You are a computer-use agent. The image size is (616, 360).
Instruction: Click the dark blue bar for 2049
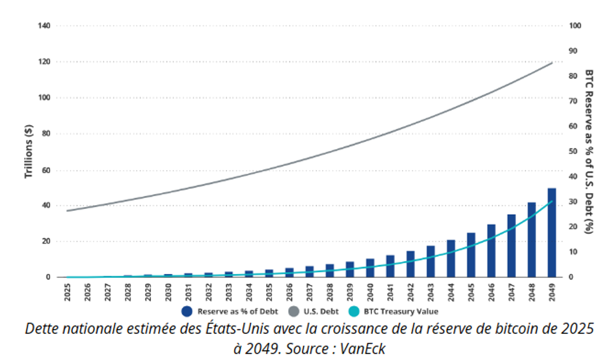pos(552,233)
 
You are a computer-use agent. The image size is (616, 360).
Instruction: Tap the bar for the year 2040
pos(370,268)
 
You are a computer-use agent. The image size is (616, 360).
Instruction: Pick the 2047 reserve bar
pos(511,246)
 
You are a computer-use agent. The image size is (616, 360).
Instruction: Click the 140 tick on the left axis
pos(45,25)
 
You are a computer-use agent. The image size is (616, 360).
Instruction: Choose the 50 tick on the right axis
pos(574,151)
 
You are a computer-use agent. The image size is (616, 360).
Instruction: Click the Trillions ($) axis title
pos(29,152)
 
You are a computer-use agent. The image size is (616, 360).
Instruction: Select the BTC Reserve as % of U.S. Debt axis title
pos(589,151)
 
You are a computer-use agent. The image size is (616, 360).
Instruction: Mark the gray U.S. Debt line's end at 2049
pos(552,63)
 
